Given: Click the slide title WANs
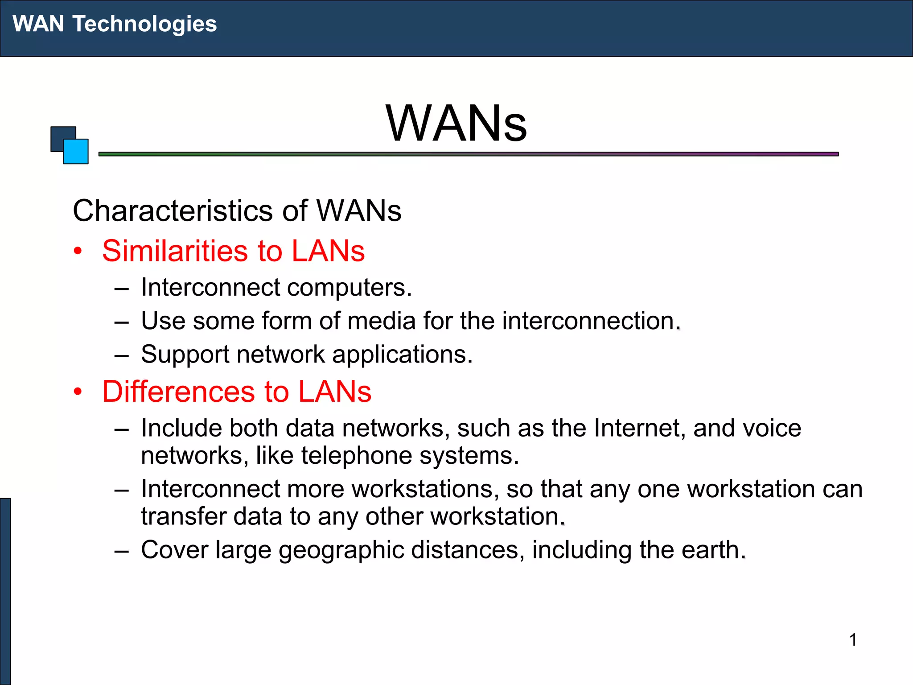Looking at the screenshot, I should point(456,124).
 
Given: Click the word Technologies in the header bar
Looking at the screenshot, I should point(144,24).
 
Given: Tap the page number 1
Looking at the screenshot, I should point(853,640).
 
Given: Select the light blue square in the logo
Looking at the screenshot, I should point(76,152).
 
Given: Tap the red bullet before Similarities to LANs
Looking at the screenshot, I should point(78,251).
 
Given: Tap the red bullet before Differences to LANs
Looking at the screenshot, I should point(78,392).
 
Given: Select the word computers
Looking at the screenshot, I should point(349,288).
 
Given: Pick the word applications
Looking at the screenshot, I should point(402,355).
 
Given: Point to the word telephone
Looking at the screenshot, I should point(356,456).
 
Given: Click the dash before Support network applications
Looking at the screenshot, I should point(121,355).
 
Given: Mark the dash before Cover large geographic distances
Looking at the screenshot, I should point(121,551).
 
